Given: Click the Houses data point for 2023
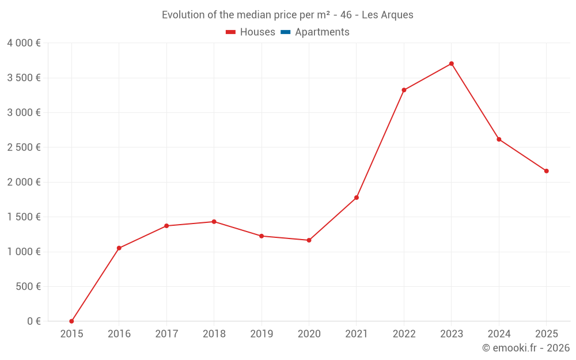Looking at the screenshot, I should click(452, 63).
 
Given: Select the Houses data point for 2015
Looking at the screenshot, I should click(71, 321).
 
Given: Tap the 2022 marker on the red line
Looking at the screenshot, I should click(404, 90).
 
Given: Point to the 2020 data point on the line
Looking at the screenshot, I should click(309, 240).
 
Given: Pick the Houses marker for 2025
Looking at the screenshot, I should click(546, 171).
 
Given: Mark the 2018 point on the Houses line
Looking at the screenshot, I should click(214, 222).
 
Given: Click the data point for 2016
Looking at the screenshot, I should click(119, 248).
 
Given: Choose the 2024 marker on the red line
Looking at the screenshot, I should click(499, 139).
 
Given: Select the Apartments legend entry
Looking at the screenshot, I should click(322, 32).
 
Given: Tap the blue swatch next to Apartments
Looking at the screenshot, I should click(285, 32).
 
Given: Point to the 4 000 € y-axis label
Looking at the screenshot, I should click(24, 43).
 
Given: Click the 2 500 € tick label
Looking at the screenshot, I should click(24, 147).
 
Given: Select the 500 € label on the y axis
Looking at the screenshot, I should click(28, 286).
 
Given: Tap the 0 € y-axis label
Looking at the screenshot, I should click(34, 321).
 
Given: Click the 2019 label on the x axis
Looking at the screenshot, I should click(262, 334).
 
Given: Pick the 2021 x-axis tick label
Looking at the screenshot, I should click(357, 334).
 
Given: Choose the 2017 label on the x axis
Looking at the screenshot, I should click(166, 334).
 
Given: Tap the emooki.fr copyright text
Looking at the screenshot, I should click(526, 348).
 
